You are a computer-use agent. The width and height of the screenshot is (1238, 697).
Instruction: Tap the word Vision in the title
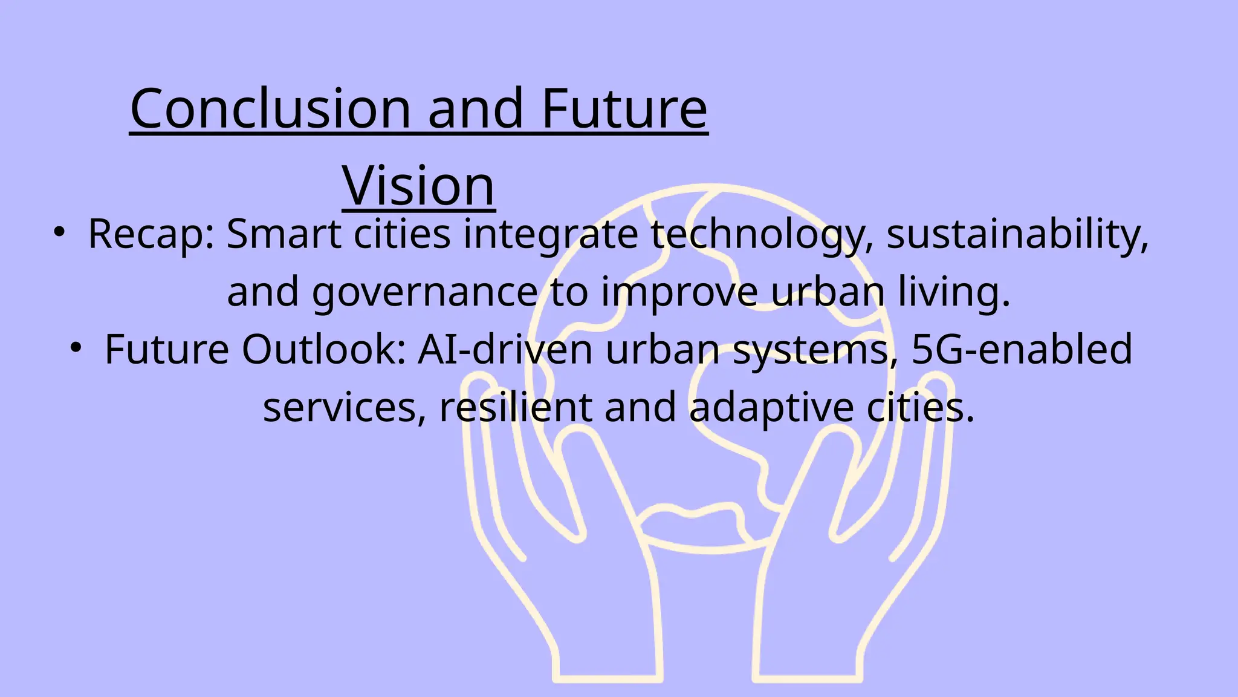[x=418, y=186]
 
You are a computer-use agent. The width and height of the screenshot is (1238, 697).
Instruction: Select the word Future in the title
[x=624, y=109]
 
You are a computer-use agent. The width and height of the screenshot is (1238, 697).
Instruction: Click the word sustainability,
[x=1017, y=235]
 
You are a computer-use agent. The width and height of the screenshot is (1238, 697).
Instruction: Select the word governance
[x=425, y=293]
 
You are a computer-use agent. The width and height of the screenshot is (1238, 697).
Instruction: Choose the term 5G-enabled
[x=1022, y=350]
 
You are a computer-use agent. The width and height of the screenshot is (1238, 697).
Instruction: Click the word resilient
[x=516, y=407]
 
